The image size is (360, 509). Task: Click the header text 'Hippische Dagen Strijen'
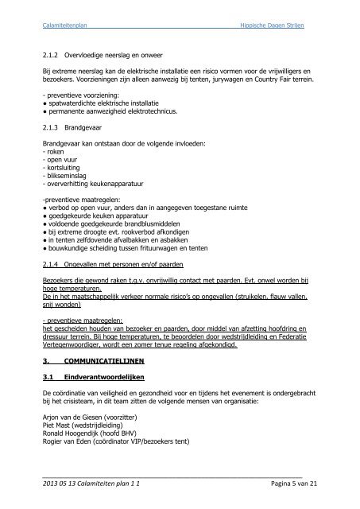point(272,26)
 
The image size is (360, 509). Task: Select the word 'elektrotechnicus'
point(141,113)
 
